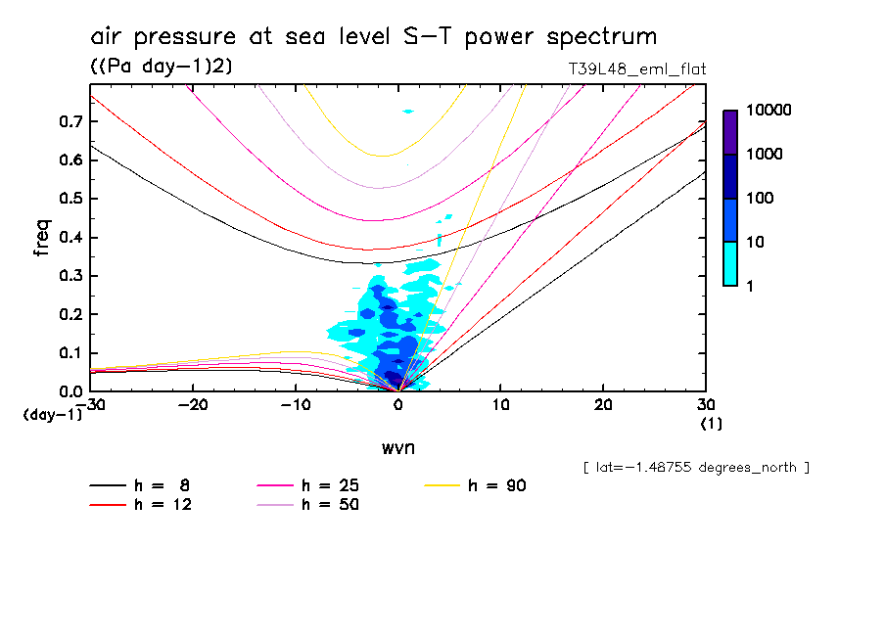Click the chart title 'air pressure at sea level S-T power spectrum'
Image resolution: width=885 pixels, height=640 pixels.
(373, 37)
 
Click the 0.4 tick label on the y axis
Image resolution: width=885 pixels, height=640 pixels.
(69, 238)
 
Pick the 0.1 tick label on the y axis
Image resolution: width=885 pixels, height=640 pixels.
(69, 353)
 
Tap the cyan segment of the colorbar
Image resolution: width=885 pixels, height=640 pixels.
(730, 264)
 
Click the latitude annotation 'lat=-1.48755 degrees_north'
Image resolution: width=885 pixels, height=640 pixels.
(696, 467)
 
